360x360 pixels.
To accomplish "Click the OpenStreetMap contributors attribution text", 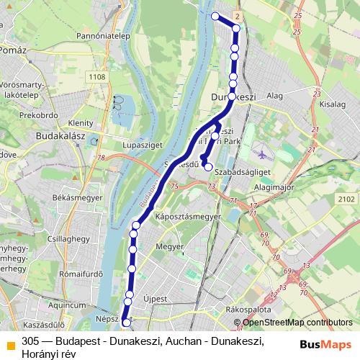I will pos(297,323).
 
